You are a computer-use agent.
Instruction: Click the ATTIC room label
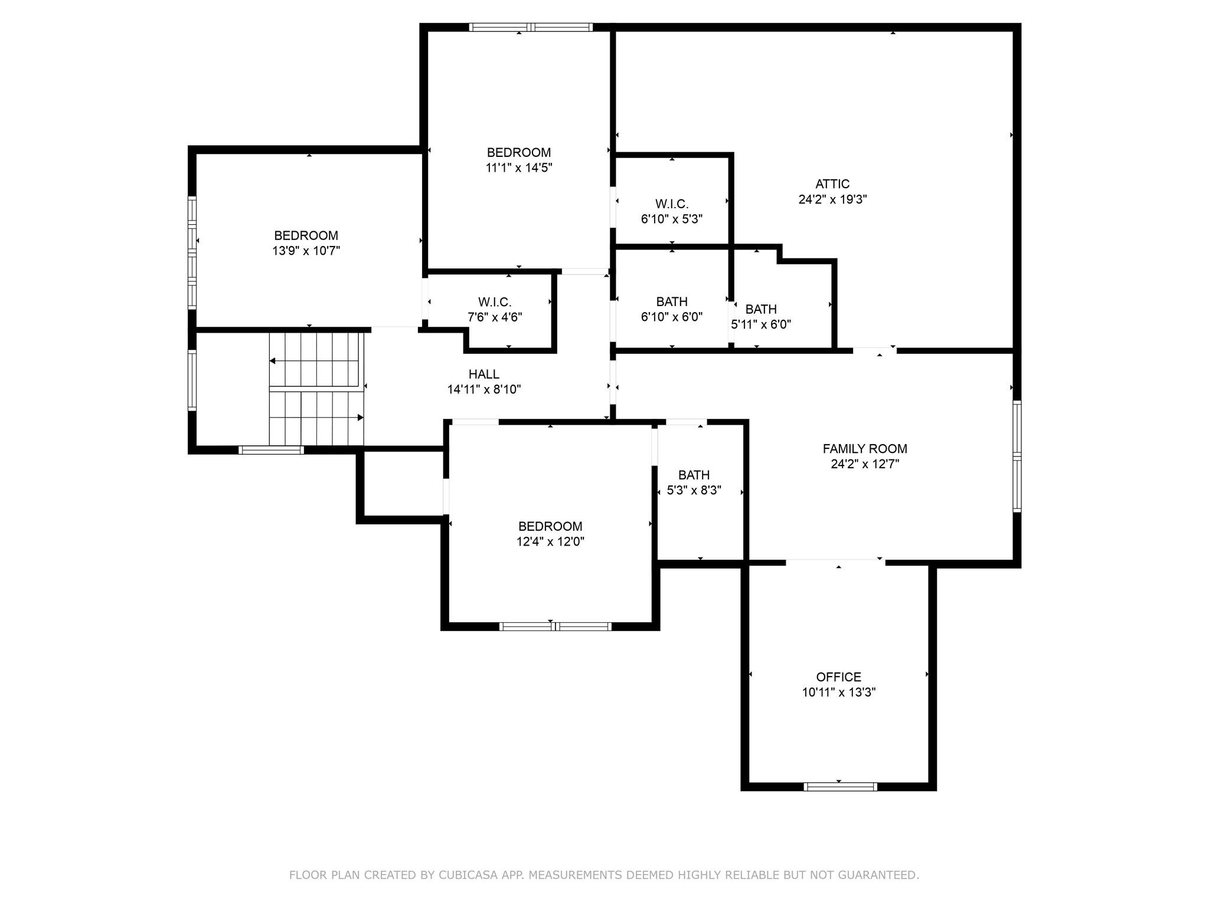(832, 184)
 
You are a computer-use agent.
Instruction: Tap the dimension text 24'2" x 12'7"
(865, 464)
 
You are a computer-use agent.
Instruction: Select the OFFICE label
(838, 677)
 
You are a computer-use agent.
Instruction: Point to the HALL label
(483, 374)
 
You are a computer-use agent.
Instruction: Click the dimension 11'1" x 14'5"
(518, 168)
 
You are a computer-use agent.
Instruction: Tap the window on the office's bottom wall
(840, 786)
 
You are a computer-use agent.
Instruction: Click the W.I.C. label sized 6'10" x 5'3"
(671, 204)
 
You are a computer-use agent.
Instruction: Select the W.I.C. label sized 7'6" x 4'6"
(494, 302)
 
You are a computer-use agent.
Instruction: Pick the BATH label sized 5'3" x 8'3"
(694, 475)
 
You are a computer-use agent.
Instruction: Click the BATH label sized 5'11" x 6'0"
(761, 309)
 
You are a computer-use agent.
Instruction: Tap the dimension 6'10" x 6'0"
(671, 317)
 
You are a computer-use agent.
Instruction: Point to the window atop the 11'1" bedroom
(531, 27)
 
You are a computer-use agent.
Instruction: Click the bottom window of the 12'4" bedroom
(555, 626)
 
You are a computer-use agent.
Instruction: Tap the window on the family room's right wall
(1017, 456)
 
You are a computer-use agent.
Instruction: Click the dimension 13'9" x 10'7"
(306, 251)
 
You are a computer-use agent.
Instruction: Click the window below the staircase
(271, 450)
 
